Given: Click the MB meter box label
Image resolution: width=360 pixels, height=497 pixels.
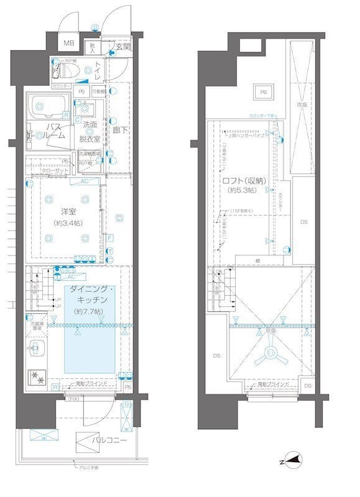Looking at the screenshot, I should click(69, 43).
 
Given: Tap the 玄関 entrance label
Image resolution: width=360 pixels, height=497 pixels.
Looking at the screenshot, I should click(122, 46).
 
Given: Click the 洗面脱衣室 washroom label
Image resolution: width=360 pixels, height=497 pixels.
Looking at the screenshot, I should click(90, 131).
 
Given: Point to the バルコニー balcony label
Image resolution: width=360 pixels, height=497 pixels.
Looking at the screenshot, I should click(109, 440).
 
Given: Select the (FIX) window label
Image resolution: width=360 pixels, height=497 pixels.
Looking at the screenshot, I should click(73, 398).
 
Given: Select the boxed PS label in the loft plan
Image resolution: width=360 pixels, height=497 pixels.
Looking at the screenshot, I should click(263, 92).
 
